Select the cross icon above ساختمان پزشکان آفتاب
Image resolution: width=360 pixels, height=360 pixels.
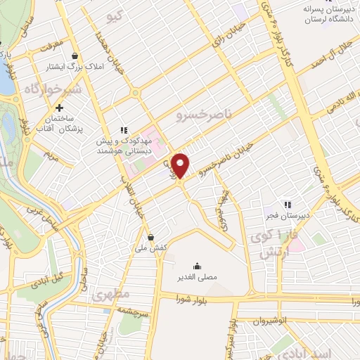tap(60, 108)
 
